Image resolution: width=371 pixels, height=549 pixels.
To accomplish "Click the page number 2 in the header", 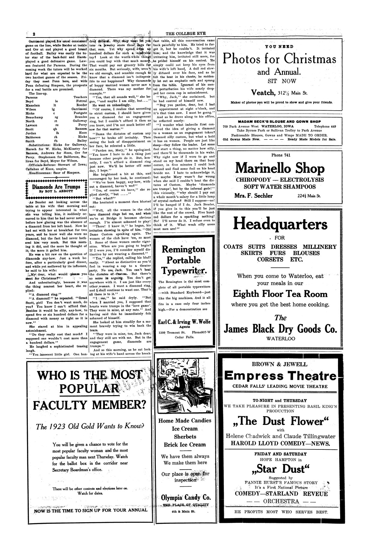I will (34, 34).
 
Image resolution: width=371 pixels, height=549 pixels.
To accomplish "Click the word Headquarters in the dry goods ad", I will (280, 224).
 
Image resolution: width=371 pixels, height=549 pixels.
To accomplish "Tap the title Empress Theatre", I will (280, 375).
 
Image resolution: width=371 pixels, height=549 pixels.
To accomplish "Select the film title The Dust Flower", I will (280, 421).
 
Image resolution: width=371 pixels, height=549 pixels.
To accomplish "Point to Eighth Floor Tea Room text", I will (280, 294).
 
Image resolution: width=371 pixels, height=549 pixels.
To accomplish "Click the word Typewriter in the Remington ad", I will (183, 271).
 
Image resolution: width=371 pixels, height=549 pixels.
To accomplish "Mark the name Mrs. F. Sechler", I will (254, 196).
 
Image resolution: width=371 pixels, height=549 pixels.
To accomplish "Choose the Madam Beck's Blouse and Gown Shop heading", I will (279, 121).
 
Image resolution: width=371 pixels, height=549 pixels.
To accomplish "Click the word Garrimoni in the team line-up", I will (79, 109).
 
